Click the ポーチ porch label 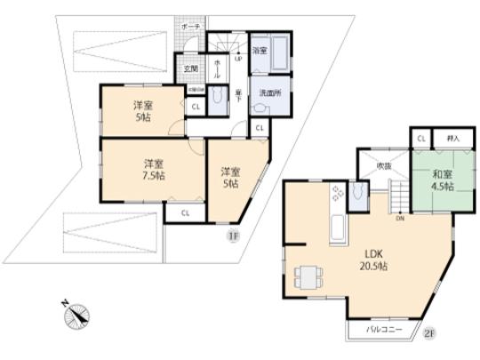tap(190, 28)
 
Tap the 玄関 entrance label tap(190, 68)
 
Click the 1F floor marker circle tap(232, 236)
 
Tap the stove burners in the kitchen tap(338, 195)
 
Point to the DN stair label tap(399, 219)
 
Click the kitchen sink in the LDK tap(338, 228)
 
